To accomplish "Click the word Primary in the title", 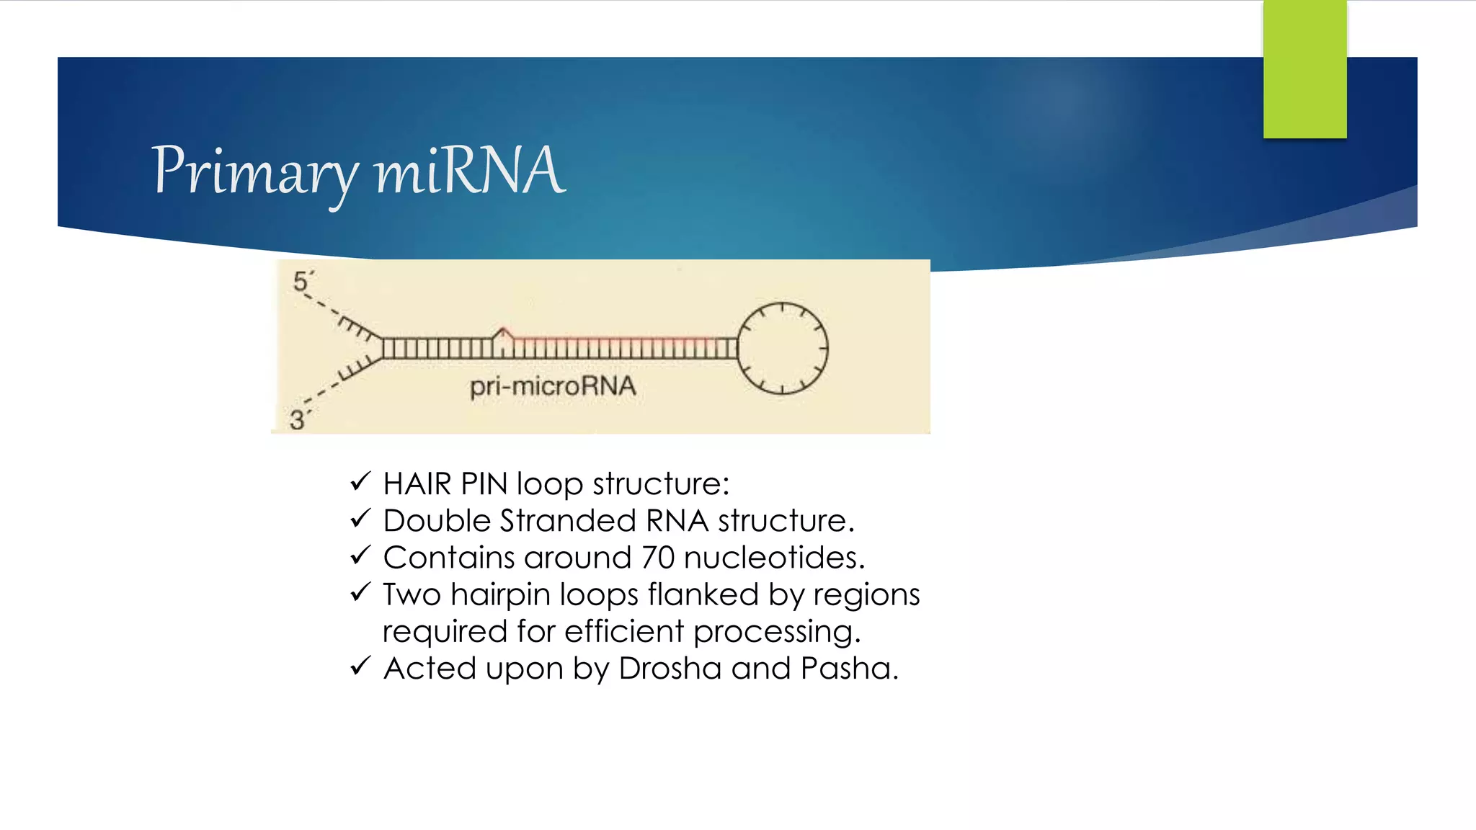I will pos(254,171).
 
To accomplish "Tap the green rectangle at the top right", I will pos(1304,68).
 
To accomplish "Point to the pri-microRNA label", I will pos(553,387).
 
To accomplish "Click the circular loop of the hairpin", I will pos(782,349).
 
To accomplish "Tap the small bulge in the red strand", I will pos(503,333).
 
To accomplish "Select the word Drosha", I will pos(670,669).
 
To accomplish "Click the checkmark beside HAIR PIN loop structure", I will pos(360,481).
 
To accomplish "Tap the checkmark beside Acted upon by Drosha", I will pos(360,666).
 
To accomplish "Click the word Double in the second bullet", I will pos(437,521).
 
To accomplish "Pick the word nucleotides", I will pos(773,558).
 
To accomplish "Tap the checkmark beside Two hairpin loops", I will pos(360,592).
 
